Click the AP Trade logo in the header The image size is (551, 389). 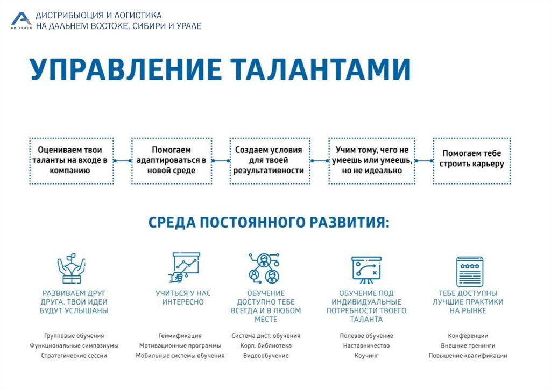21,20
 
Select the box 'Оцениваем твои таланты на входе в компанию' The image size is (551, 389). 71,160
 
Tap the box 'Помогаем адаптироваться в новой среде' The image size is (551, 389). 171,160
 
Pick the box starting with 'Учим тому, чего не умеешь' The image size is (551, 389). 371,160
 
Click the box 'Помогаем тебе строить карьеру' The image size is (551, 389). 471,160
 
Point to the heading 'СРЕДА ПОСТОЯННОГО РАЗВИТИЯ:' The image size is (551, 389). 269,223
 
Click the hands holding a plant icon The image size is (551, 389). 71,269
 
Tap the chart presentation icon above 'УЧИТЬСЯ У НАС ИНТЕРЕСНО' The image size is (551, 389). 183,267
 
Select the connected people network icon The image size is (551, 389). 264,268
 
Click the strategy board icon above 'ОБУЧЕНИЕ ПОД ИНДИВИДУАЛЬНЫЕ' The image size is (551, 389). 366,268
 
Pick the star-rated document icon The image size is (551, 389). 469,271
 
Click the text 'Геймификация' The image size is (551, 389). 180,336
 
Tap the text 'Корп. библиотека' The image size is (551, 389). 266,345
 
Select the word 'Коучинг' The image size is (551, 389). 366,356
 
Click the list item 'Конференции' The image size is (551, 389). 468,336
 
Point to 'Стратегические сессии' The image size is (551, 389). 74,356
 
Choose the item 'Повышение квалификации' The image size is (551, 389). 468,356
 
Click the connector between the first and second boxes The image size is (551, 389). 123,161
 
